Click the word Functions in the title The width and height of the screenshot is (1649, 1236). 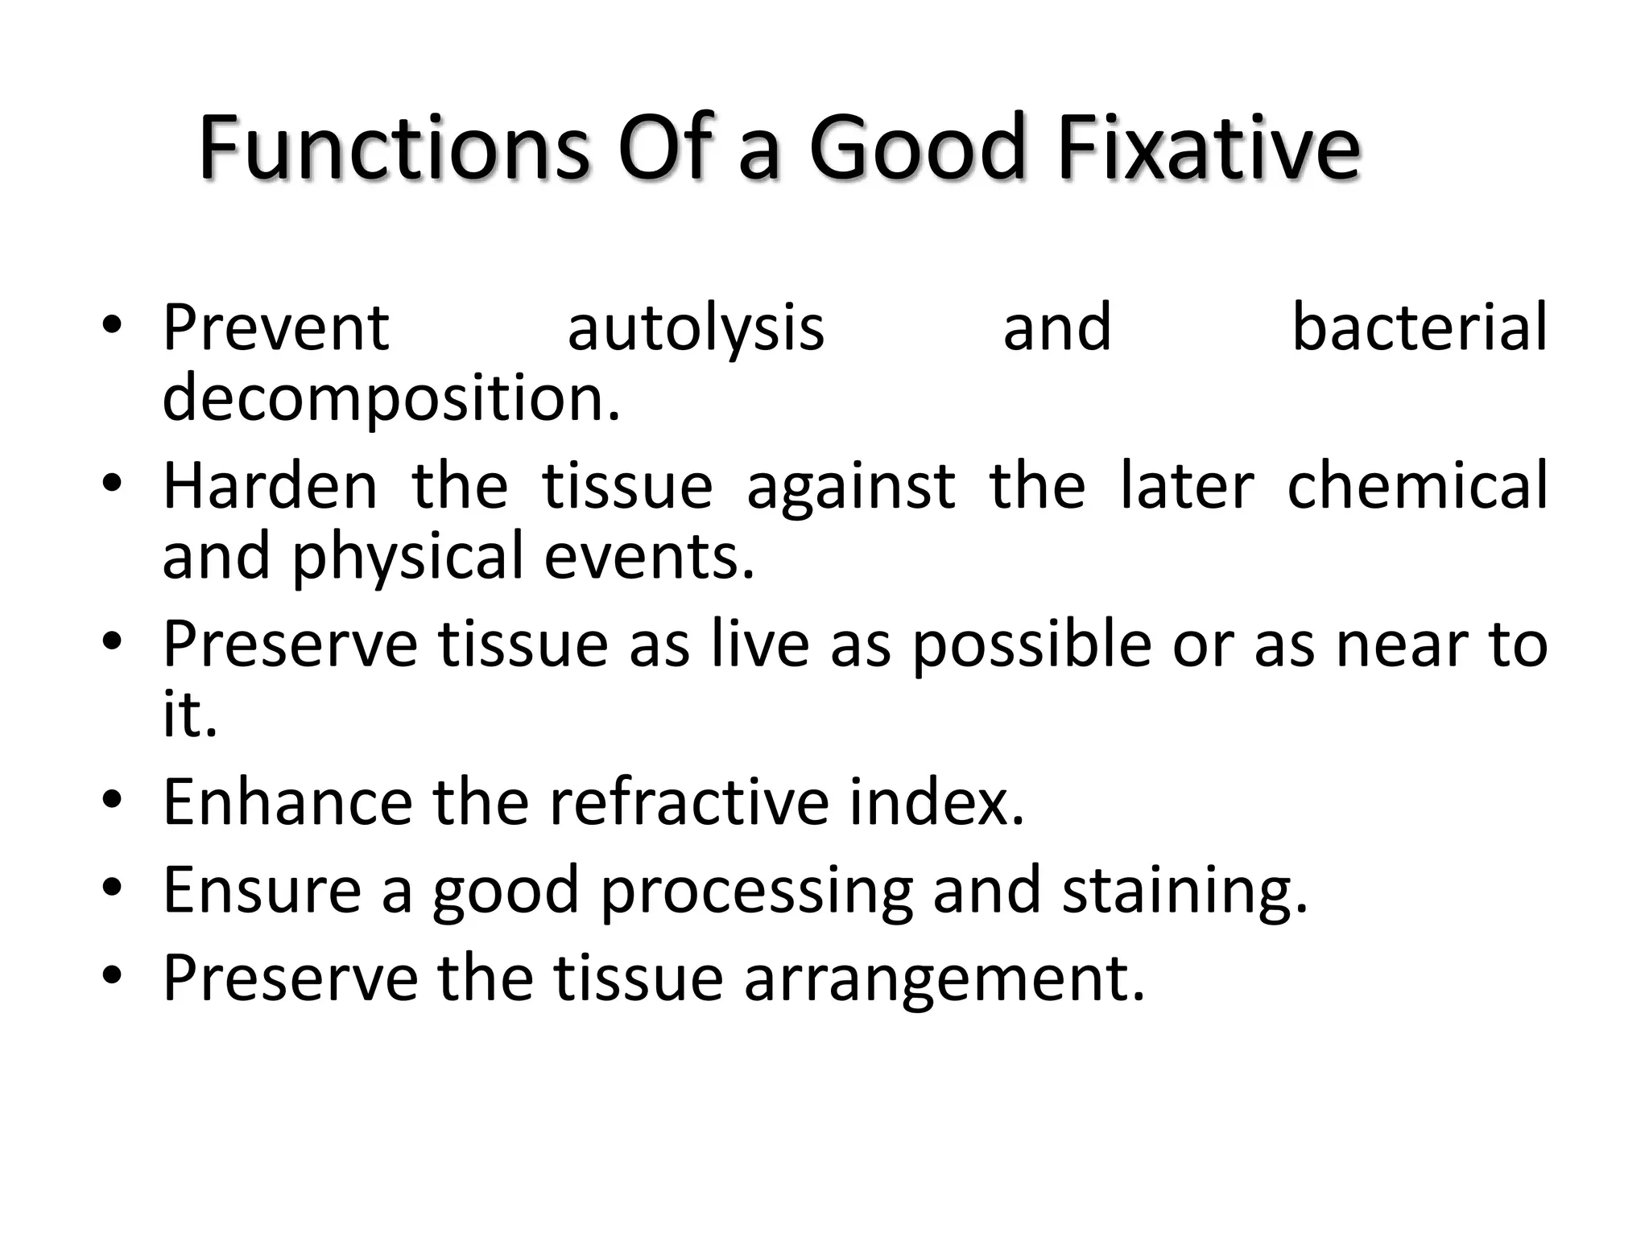coord(395,150)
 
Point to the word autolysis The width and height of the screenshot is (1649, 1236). coord(696,329)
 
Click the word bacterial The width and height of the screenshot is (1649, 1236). coord(1420,328)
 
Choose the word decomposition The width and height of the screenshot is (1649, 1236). coord(392,399)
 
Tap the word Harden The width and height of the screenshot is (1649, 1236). coord(271,486)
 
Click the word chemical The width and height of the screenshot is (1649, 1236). coord(1418,486)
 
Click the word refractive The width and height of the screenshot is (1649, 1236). coord(689,802)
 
